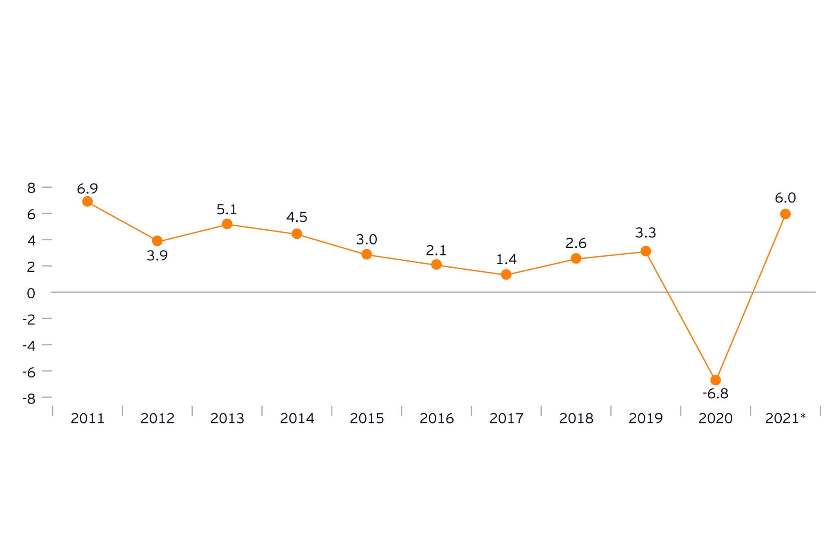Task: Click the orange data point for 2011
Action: (x=87, y=201)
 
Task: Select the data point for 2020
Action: (x=716, y=380)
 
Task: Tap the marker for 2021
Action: (x=785, y=214)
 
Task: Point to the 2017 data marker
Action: (x=506, y=275)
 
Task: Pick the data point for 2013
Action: (x=227, y=224)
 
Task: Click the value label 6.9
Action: (x=87, y=189)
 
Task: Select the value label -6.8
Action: (x=716, y=394)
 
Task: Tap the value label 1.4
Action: (x=507, y=260)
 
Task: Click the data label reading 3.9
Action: (x=157, y=256)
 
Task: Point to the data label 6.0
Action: (x=785, y=198)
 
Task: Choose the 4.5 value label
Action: (x=297, y=217)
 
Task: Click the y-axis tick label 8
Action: (x=31, y=188)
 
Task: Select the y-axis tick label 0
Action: (x=31, y=293)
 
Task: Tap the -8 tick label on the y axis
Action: (x=29, y=398)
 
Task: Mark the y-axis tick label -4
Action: (x=29, y=346)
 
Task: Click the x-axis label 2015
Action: (x=367, y=419)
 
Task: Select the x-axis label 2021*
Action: (x=785, y=419)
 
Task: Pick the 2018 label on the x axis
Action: (x=576, y=419)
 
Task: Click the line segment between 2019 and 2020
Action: (x=680, y=315)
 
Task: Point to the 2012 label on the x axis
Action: (x=157, y=419)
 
